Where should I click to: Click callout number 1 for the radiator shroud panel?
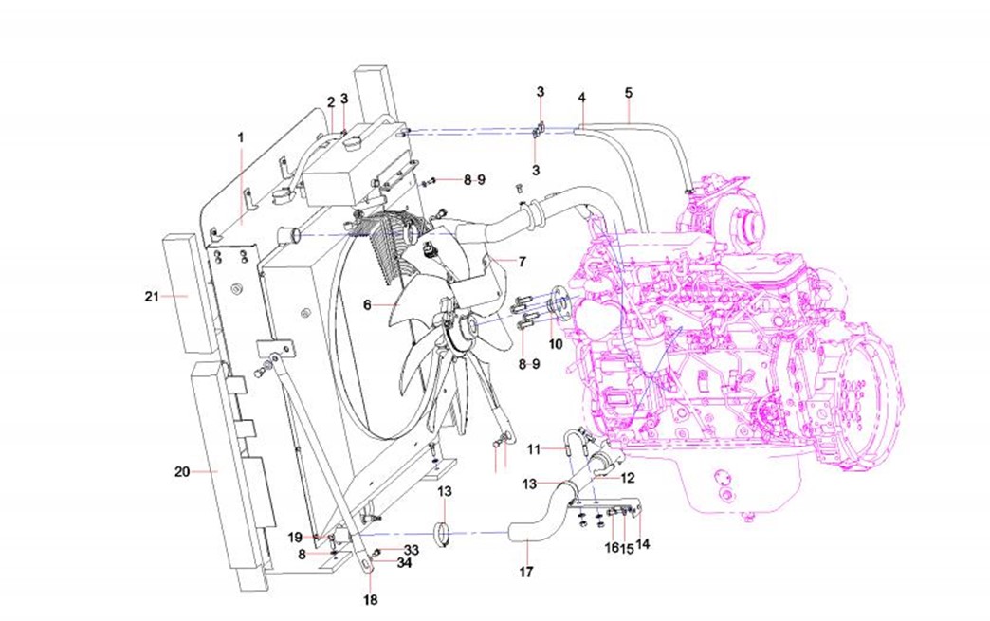coord(241,137)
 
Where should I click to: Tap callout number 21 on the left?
coord(151,297)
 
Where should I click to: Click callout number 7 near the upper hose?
coord(521,260)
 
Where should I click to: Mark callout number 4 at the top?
coord(582,97)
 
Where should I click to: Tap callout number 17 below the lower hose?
coord(526,572)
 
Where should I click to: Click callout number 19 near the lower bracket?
coord(296,538)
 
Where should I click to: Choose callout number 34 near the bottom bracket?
coord(405,563)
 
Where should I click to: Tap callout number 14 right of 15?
coord(644,545)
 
